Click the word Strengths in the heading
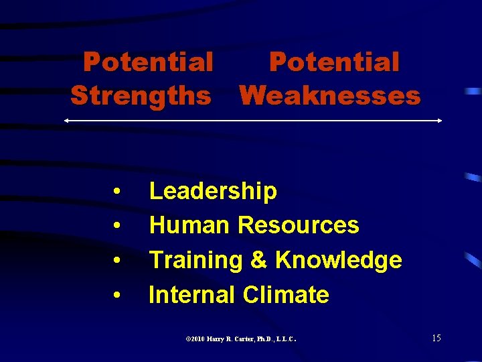[141, 95]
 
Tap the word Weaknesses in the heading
[330, 95]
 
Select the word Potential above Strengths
[148, 62]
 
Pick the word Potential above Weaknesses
[334, 62]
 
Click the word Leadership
[213, 191]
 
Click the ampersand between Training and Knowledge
[258, 260]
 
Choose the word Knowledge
[338, 260]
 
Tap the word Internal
[192, 294]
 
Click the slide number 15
[436, 338]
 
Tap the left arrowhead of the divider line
[66, 121]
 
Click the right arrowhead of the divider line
[439, 121]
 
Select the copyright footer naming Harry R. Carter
[240, 339]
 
